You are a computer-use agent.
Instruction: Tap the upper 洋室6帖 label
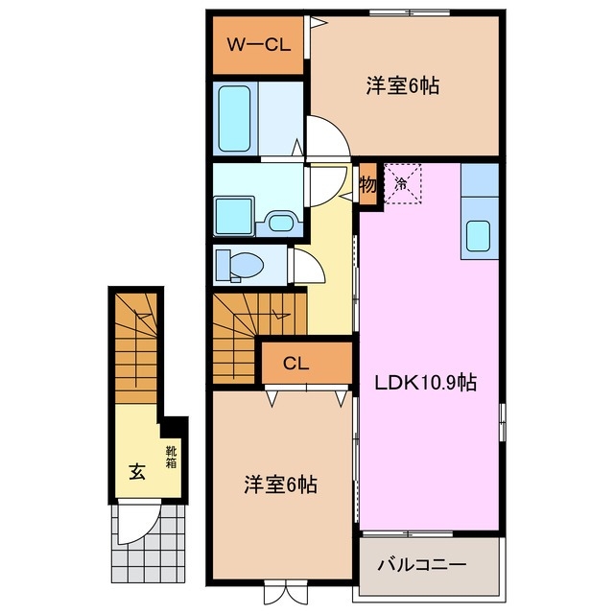pos(402,85)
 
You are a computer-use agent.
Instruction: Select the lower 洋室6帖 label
pos(279,485)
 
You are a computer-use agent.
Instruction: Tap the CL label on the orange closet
pos(295,364)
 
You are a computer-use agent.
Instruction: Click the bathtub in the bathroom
pos(234,115)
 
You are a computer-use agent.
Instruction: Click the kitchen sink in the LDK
pos(479,235)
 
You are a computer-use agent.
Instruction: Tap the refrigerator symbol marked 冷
pos(403,182)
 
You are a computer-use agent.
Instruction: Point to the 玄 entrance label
pos(137,472)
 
